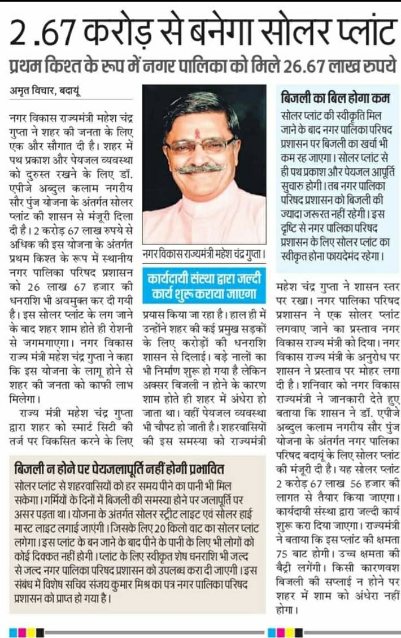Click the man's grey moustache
[203, 168]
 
